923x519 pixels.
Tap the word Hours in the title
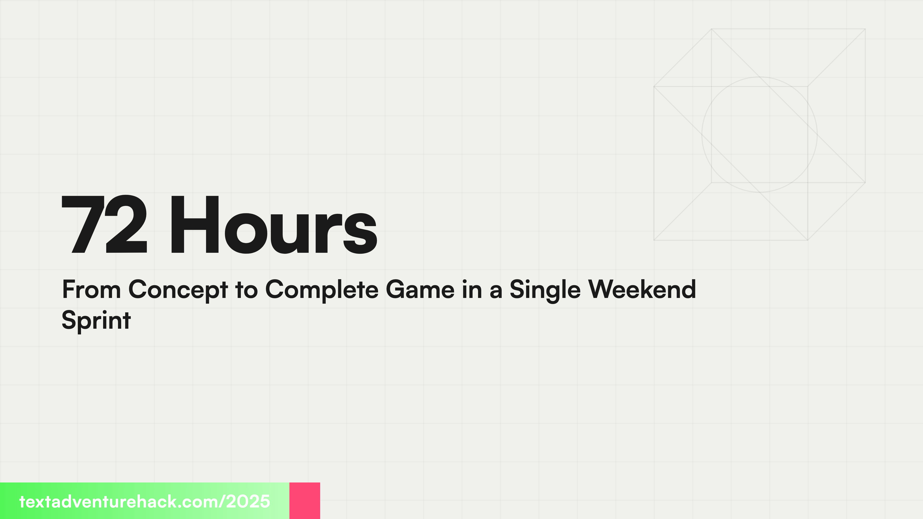[x=273, y=225]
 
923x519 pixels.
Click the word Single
[x=545, y=290]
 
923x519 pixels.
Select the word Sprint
[x=96, y=321]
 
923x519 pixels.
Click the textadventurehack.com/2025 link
[x=144, y=501]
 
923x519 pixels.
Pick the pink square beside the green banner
[x=305, y=500]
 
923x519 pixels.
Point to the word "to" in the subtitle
[x=247, y=290]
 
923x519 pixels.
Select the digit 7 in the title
[x=82, y=225]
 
